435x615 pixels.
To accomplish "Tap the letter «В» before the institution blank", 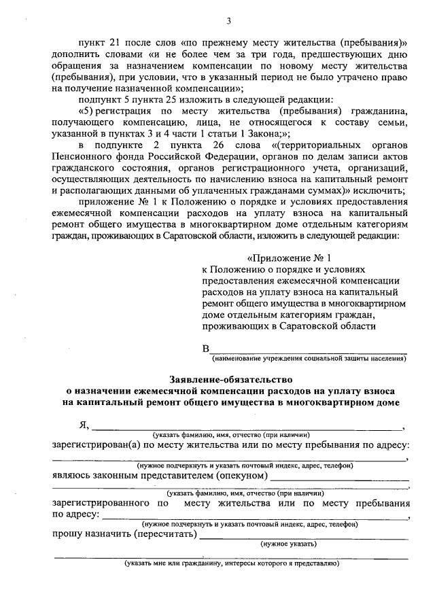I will [x=206, y=349].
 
